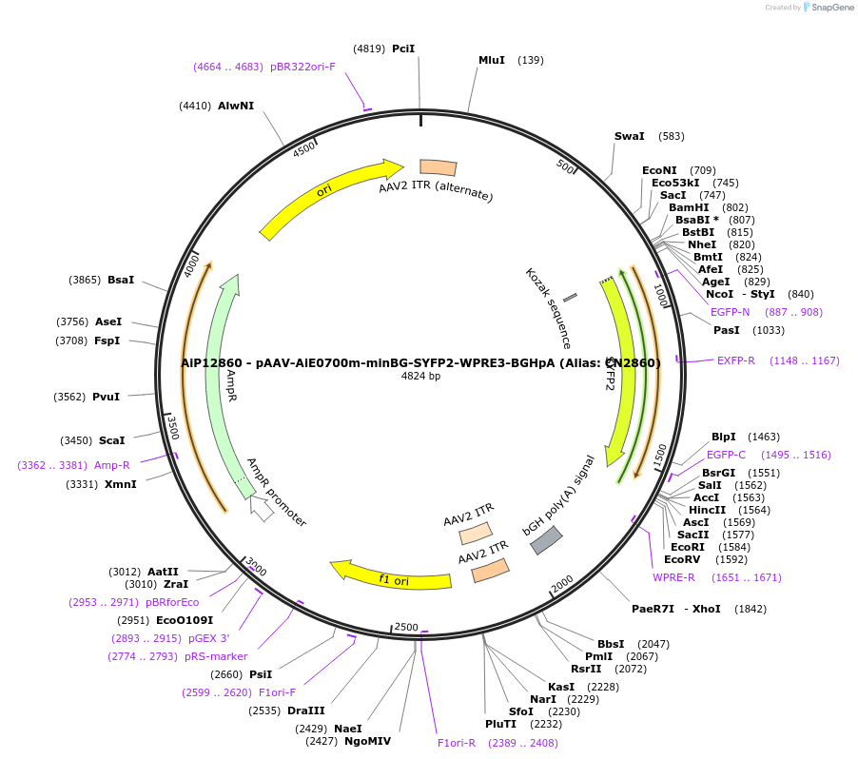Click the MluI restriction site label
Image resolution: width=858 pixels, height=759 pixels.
coord(492,60)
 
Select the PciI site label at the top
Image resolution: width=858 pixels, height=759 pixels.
coord(403,49)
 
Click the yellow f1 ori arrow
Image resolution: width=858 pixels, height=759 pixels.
coord(390,576)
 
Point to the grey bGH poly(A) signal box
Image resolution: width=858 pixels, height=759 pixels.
coord(546,539)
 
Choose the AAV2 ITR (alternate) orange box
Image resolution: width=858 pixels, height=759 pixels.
coord(439,167)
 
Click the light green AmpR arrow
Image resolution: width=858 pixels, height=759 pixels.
coord(225,380)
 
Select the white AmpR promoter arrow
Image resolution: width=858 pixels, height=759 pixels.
coord(262,509)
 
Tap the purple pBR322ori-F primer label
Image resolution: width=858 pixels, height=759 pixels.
coord(302,67)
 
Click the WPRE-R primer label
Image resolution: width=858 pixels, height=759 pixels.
coord(673,577)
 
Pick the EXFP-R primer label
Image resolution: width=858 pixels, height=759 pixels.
coord(736,360)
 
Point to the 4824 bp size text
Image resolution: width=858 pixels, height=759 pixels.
coord(420,377)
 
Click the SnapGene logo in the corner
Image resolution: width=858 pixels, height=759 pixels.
coord(828,8)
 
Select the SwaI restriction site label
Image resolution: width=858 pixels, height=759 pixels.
coord(630,136)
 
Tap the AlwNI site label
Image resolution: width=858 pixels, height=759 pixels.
coord(236,106)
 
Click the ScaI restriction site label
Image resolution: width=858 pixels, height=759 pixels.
coord(112,440)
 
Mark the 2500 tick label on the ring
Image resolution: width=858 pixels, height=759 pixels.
coord(406,627)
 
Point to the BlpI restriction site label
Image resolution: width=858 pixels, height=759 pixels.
coord(725,437)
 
